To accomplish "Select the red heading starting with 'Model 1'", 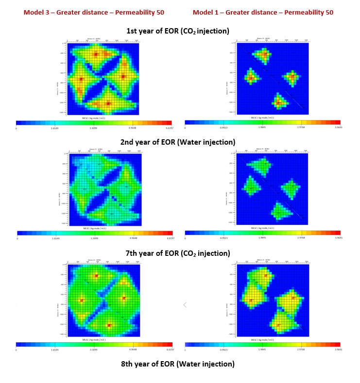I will click(x=263, y=12).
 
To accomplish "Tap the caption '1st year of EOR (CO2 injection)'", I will click(x=178, y=31).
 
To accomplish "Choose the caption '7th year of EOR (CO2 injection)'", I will click(x=178, y=253).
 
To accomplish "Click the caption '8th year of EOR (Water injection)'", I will click(x=178, y=364).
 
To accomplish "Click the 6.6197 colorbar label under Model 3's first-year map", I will click(x=167, y=129).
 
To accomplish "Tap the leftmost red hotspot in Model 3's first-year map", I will click(x=81, y=79).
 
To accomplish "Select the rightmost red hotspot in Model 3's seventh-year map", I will click(x=124, y=298).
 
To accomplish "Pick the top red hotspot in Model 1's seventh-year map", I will click(x=265, y=275).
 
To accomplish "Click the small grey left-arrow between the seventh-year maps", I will click(x=185, y=304).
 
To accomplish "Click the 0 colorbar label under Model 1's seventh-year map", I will click(x=186, y=350).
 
